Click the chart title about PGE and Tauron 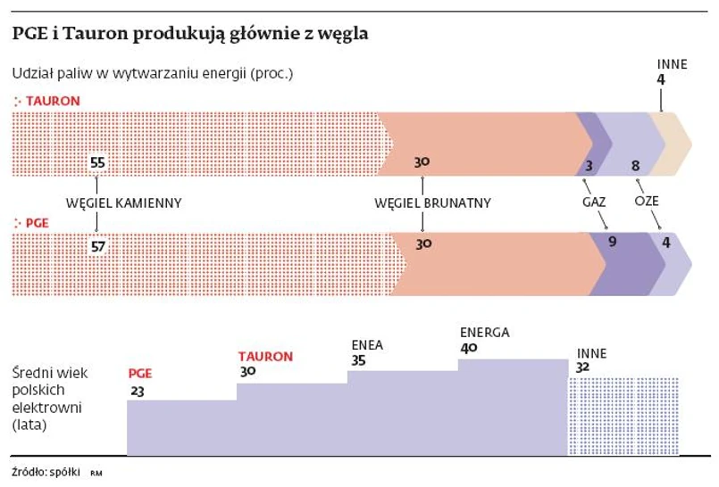[190, 35]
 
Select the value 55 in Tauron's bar [98, 162]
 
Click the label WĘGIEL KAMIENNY [124, 203]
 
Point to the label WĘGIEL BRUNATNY [433, 203]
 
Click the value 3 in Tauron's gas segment [589, 165]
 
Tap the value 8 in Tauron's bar [635, 165]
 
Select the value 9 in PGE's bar [612, 242]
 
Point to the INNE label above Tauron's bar [672, 64]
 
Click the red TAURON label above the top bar [53, 101]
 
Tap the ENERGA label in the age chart [484, 333]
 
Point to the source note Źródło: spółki [47, 470]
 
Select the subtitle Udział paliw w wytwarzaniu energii [152, 73]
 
